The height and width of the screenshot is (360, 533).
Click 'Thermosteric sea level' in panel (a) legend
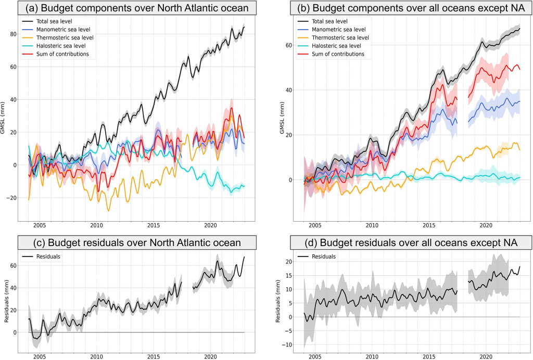66,38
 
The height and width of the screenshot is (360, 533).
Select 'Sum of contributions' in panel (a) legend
64,54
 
